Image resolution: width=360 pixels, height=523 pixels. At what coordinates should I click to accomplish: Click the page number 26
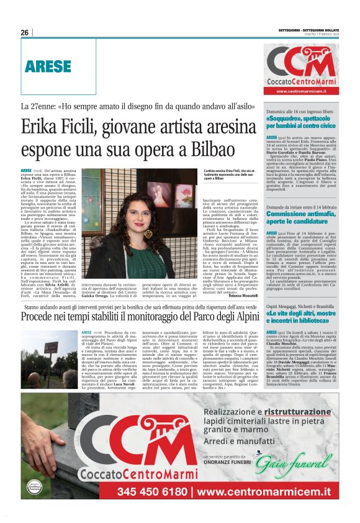point(25,32)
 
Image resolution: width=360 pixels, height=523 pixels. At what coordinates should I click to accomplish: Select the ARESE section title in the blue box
point(48,65)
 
